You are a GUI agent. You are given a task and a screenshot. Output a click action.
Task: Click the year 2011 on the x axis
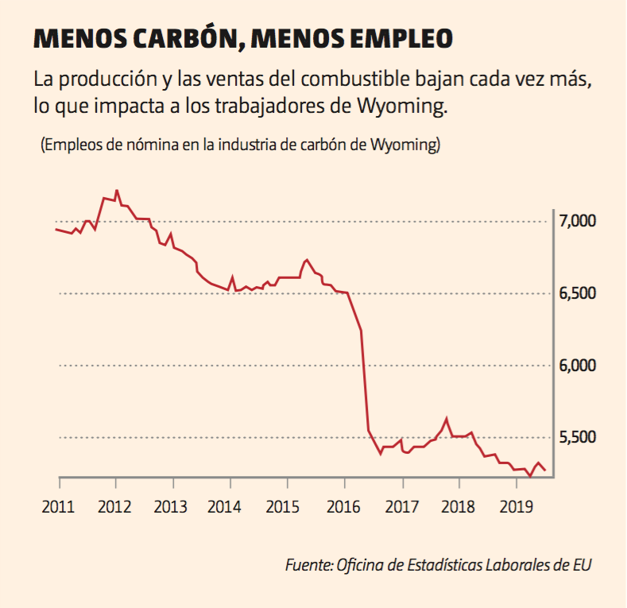pos(60,505)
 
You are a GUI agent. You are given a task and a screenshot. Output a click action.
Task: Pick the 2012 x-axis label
pos(116,505)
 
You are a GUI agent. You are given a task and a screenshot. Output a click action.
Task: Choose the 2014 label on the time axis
pos(230,505)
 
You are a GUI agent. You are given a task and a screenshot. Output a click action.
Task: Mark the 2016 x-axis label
pos(345,505)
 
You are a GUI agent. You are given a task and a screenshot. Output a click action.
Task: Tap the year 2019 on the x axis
pos(517,505)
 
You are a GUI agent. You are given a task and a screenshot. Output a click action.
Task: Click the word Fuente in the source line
pos(308,565)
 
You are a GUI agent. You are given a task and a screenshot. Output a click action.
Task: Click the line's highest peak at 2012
pos(117,191)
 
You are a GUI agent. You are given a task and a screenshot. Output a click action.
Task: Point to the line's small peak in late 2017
pos(447,418)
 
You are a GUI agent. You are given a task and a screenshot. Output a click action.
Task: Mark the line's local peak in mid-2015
pos(307,260)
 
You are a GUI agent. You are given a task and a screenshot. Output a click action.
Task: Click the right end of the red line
pos(545,471)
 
